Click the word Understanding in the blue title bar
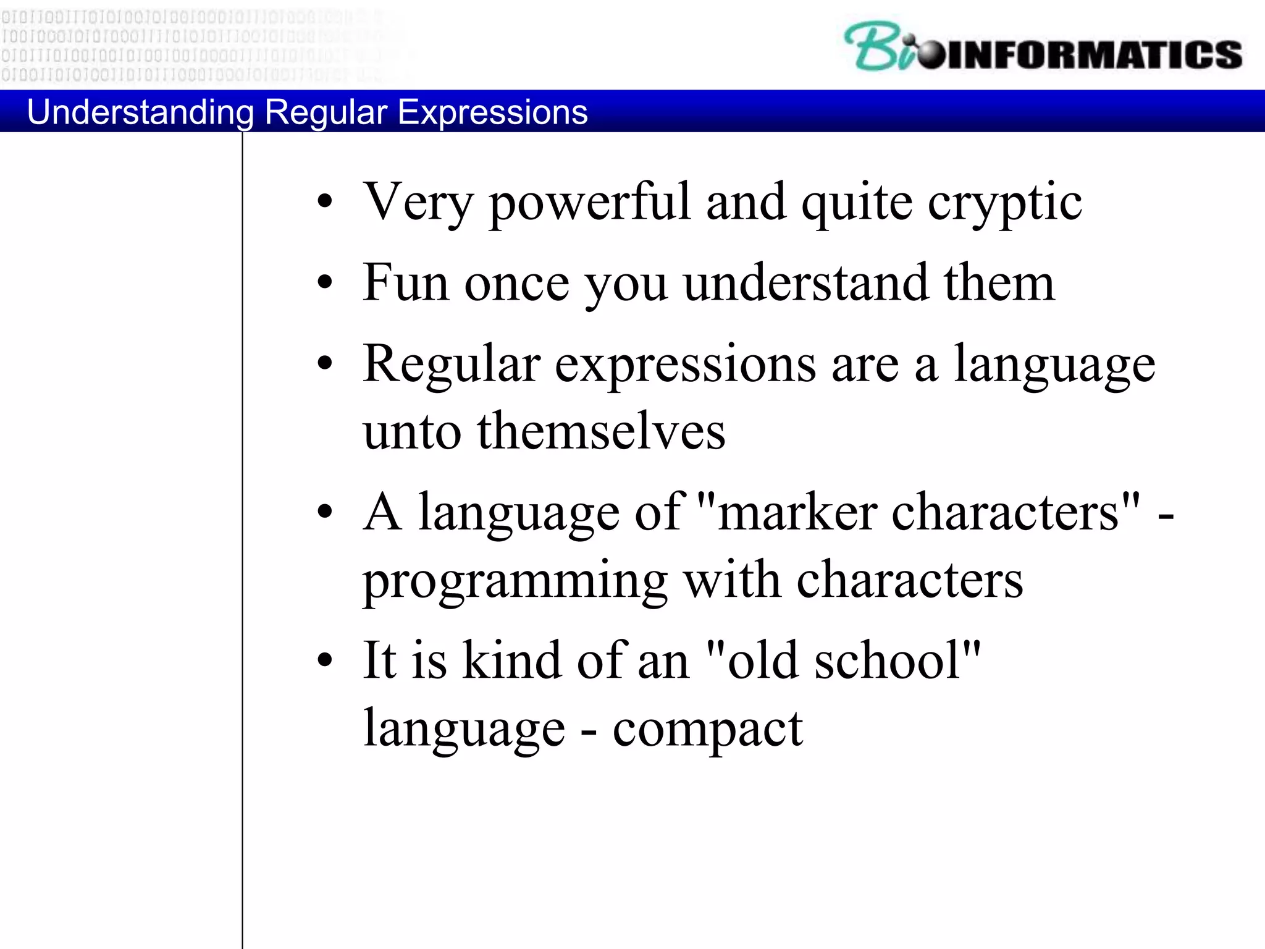140,112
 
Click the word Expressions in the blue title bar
492,112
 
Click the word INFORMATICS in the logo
1093,54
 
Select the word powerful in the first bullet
589,203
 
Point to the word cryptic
1004,203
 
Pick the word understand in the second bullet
805,283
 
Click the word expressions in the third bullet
685,365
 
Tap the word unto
412,431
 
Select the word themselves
601,431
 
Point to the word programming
515,581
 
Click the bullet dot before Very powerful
325,201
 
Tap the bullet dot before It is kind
325,660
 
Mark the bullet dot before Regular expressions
325,363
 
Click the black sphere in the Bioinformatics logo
931,56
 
